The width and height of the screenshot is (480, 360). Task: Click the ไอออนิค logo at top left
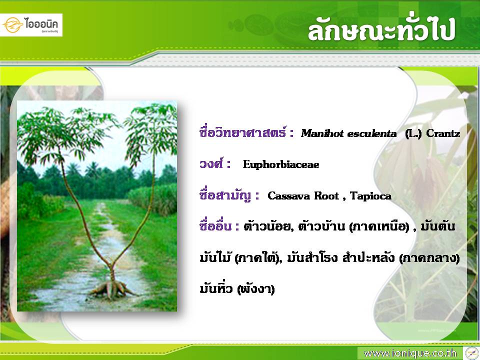pos(31,25)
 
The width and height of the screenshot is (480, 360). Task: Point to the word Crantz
pos(443,133)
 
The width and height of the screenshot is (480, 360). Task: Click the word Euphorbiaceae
pos(281,164)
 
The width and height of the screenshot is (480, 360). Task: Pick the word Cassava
pos(288,196)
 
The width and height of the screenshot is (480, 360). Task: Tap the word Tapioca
pos(370,196)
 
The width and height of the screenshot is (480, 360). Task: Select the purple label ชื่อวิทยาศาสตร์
pos(243,132)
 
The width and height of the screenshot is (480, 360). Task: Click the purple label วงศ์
pos(211,164)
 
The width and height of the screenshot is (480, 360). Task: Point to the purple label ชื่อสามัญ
pos(225,195)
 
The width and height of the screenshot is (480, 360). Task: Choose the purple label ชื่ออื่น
pos(215,226)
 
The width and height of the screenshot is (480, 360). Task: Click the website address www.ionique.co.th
pos(410,353)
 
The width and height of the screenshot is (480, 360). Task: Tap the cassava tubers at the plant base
pos(111,289)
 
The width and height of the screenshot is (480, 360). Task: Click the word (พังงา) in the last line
pos(256,288)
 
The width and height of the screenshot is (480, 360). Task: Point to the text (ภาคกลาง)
pos(429,258)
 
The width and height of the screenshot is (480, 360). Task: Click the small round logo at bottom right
pos(471,353)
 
